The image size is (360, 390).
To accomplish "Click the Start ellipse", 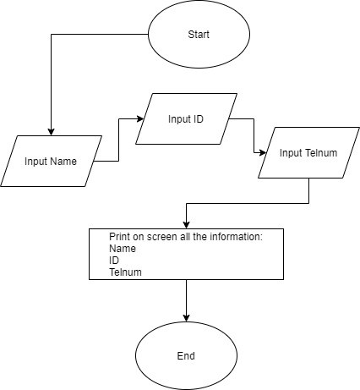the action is point(199,34).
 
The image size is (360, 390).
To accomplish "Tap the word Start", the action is point(199,35).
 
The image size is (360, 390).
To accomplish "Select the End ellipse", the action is point(186,355).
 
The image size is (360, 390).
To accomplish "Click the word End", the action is point(186,356).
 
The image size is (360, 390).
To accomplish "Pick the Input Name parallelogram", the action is point(51,161).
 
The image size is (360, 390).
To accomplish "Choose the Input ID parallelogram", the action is point(186,118).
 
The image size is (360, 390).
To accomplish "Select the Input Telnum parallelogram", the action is point(308,152).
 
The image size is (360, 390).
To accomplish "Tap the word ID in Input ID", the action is point(198,119).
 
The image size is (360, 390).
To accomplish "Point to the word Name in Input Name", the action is point(63,162).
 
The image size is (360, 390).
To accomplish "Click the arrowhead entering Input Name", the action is point(51,132).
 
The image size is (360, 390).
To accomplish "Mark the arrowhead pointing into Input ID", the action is point(140,118).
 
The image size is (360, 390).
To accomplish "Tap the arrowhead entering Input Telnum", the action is point(263,152).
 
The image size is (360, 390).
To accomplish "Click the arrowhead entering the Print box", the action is point(186,225).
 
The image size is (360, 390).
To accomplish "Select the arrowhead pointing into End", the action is point(186,318).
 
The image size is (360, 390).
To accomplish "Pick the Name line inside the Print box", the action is point(123,249).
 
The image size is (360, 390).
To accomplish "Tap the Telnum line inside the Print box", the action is point(125,272).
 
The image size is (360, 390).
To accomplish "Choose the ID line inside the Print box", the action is point(114,261).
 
